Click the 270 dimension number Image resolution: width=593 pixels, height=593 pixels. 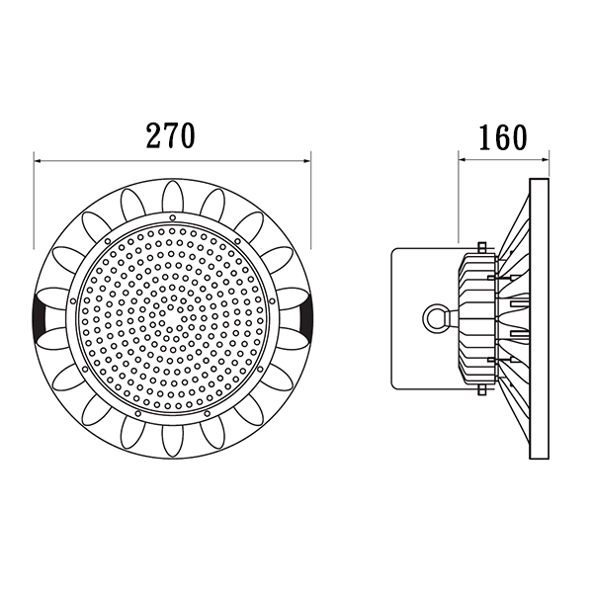[171, 135]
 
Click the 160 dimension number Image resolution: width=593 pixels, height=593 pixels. [503, 137]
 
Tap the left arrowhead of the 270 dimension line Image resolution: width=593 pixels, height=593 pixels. [38, 161]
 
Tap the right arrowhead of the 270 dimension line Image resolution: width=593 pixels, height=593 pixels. [306, 161]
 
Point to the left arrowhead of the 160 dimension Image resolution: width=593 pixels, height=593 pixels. [463, 160]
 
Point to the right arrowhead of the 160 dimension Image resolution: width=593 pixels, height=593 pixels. [546, 160]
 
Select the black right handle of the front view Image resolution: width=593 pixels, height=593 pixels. [304, 318]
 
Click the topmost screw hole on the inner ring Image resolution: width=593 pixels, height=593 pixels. [172, 217]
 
